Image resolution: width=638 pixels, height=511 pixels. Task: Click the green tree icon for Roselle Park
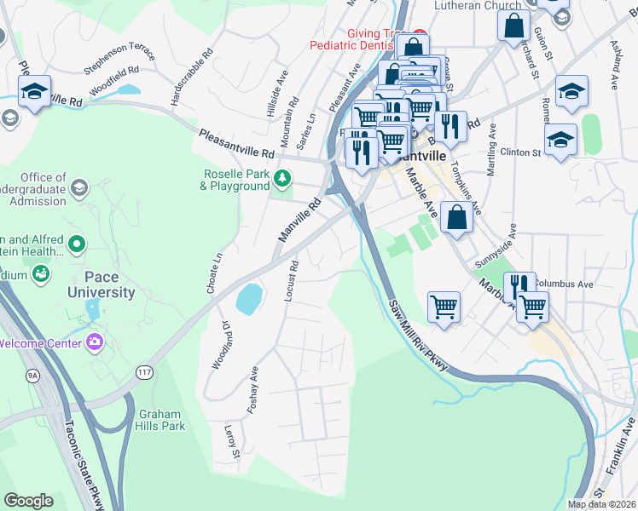282,179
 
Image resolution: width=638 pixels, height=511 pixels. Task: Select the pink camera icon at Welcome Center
95,342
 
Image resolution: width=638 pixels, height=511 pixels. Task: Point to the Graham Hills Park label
161,419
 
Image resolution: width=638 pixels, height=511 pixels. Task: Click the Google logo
28,501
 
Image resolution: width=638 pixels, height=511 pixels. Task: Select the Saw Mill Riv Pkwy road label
417,334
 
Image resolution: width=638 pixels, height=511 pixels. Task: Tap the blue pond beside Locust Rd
248,299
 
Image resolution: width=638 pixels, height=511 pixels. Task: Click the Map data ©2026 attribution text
602,504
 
